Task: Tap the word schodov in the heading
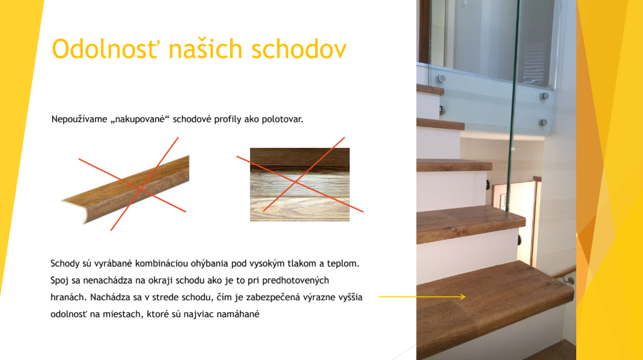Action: coord(298,49)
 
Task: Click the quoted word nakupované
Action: coord(140,120)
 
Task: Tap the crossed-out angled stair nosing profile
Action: coord(125,190)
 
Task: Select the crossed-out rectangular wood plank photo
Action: coord(300,184)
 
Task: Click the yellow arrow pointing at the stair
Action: coord(422,296)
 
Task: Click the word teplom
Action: coord(343,264)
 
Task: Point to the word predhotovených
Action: coord(295,280)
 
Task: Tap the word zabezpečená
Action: coord(275,297)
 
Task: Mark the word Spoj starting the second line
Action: coord(59,280)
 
